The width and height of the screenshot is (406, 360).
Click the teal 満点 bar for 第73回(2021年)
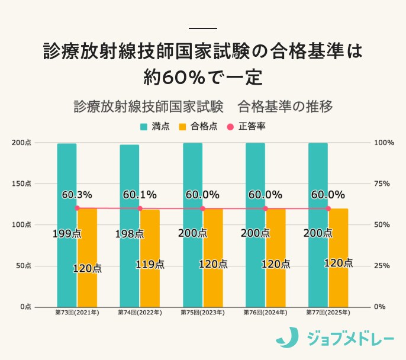[67, 178]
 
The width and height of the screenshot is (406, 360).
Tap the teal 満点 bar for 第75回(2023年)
[192, 178]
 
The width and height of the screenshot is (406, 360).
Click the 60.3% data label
[76, 195]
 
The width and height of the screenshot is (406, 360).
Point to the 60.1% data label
[140, 195]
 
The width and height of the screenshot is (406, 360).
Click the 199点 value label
[67, 233]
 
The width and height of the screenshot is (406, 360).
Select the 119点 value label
[150, 265]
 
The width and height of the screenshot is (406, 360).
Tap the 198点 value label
[130, 233]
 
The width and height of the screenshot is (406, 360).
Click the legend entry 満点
[156, 126]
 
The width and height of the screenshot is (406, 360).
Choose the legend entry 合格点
[198, 126]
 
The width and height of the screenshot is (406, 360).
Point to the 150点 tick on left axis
[21, 184]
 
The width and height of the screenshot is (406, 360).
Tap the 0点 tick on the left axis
[25, 307]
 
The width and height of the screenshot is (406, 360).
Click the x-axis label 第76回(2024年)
[265, 312]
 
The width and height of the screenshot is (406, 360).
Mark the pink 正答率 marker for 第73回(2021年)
[77, 208]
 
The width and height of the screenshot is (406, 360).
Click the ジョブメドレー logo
[334, 338]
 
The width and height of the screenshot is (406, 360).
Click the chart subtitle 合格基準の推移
[285, 107]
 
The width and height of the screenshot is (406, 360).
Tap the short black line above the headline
[202, 28]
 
